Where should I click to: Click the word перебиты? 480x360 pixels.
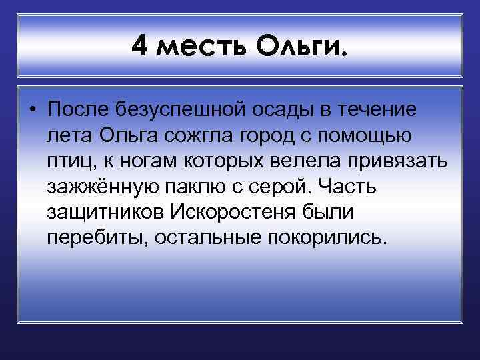(x=97, y=237)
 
